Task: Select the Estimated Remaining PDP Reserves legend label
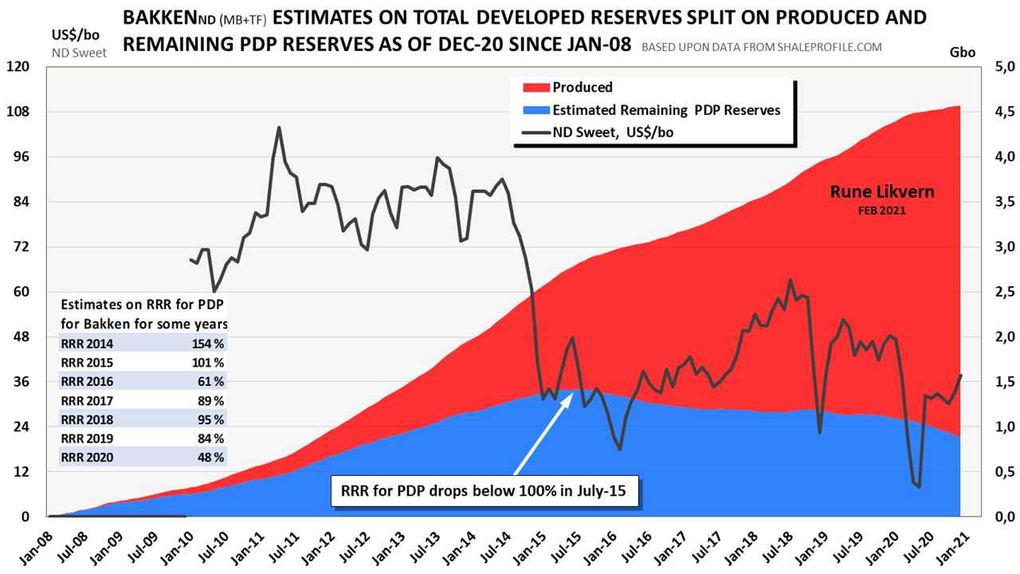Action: pos(666,110)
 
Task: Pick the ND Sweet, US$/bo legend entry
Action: pos(613,132)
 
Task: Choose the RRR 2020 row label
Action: pos(87,458)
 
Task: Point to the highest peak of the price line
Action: pos(279,128)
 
